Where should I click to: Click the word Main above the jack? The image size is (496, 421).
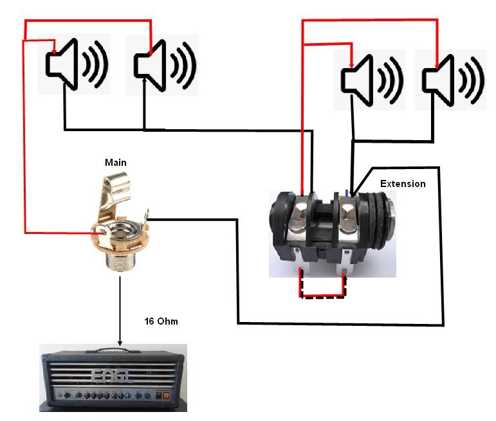[116, 163]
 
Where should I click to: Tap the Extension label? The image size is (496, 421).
[403, 184]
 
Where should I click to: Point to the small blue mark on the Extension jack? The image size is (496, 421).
[347, 191]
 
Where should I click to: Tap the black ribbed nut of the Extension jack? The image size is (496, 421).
[387, 219]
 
